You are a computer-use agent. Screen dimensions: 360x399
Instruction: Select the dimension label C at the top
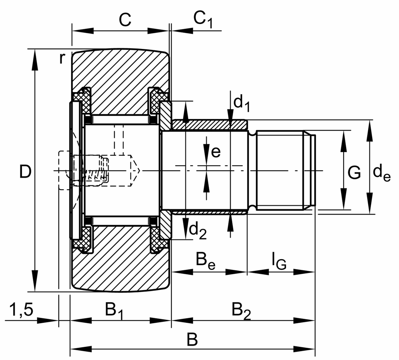pos(125,20)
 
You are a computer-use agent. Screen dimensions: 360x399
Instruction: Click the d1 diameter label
pos(242,103)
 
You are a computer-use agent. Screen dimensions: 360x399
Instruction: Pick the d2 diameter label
pos(198,231)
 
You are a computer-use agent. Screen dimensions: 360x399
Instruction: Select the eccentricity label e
pos(215,152)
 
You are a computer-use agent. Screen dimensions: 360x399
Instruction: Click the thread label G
pos(354,173)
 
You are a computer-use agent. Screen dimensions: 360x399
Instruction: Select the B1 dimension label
pos(114,311)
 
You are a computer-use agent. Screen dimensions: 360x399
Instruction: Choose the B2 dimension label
pos(241,311)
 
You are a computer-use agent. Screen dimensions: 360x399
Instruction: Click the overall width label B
pos(192,340)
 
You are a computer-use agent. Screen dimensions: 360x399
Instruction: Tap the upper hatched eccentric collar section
pos(209,125)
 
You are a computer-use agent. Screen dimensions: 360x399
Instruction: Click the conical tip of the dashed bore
pos(137,171)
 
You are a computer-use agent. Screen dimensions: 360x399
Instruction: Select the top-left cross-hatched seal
pos(82,100)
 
